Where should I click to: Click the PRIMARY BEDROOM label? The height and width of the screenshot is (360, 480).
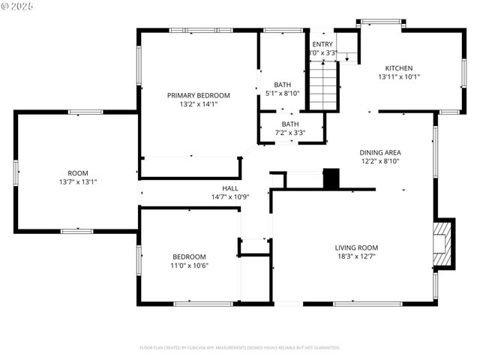pos(198,95)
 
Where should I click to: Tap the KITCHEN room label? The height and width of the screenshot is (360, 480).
pos(399,67)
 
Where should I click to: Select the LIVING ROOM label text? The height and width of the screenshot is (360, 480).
pos(356,247)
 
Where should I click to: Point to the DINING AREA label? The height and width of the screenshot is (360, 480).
pos(380,151)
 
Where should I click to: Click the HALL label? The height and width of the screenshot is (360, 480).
pos(230,188)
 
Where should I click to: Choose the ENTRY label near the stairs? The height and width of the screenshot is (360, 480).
pos(322,44)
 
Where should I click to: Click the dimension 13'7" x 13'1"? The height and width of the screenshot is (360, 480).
pos(78,181)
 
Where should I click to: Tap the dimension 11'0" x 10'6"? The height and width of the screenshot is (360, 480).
pos(190,265)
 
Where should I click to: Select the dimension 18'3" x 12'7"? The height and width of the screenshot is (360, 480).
pos(356,256)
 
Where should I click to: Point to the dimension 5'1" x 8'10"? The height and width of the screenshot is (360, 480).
pos(283,93)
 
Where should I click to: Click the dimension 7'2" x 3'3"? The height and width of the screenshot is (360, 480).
pos(290,133)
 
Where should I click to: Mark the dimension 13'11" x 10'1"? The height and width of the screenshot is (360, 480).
pos(399,76)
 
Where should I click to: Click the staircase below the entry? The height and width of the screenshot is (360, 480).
pos(323,86)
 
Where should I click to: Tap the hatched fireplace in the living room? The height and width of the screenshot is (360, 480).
pos(444,244)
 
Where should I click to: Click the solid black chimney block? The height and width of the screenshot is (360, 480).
pos(331,178)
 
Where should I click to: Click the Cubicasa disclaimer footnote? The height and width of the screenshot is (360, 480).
pos(240,348)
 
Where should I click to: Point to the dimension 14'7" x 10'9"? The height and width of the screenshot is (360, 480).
pos(230,197)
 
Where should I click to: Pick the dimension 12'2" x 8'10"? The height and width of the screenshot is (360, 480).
pos(380,160)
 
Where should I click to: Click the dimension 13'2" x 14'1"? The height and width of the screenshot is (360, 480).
pos(198,104)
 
